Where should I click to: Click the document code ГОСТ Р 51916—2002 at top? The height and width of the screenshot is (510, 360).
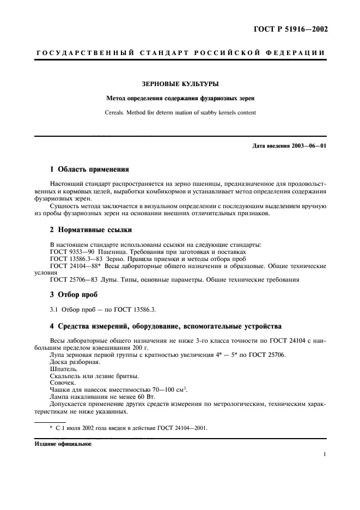click(x=292, y=29)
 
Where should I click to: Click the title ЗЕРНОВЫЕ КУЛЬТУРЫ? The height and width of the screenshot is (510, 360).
click(x=180, y=84)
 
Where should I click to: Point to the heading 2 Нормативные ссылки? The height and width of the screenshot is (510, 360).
click(x=90, y=230)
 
